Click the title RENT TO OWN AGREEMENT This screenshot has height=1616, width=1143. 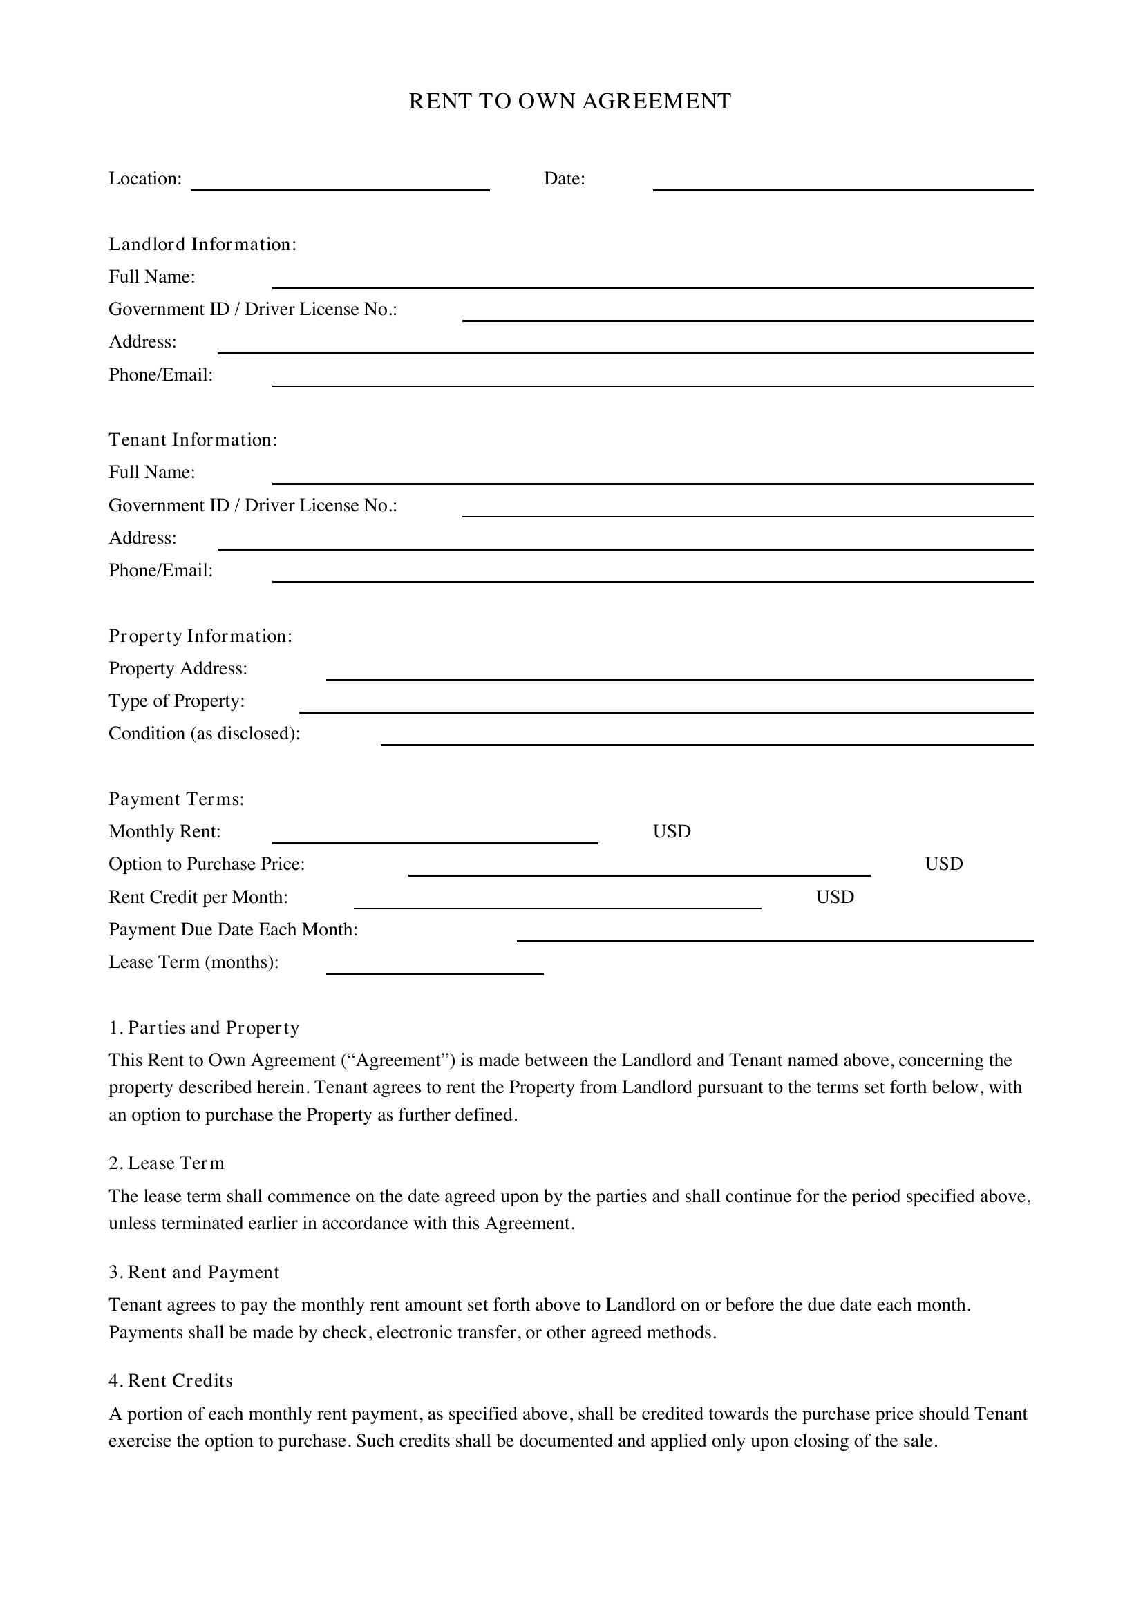click(570, 102)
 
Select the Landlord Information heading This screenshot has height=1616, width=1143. click(202, 244)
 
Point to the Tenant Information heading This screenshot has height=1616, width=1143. click(193, 440)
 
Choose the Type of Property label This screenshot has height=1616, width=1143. click(177, 701)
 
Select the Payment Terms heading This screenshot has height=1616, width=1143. click(176, 799)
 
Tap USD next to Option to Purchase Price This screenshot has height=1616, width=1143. click(944, 864)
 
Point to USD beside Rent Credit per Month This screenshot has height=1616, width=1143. click(835, 897)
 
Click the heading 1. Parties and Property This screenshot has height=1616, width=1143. click(204, 1028)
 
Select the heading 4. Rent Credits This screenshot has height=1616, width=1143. click(170, 1381)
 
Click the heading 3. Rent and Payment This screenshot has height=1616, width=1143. click(193, 1273)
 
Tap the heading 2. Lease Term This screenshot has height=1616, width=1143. click(166, 1163)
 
